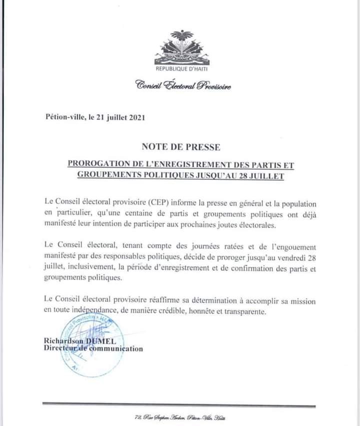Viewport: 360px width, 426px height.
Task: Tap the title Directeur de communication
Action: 92,349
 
